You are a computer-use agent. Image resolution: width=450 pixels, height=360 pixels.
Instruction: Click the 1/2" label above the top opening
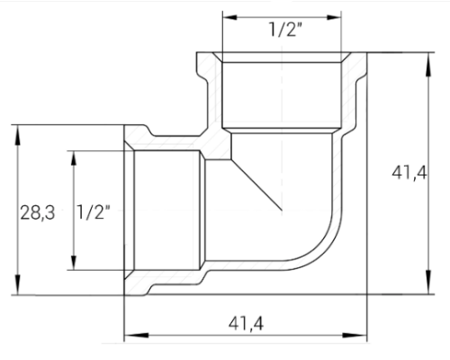coord(284,30)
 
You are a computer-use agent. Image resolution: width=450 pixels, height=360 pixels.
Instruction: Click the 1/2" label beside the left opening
coord(94,213)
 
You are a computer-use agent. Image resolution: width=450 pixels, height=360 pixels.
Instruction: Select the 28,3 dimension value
coord(38,213)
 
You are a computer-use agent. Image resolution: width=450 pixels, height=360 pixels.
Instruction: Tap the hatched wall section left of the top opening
coord(206,90)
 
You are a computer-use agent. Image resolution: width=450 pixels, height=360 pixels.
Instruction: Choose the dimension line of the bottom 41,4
coord(180,336)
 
